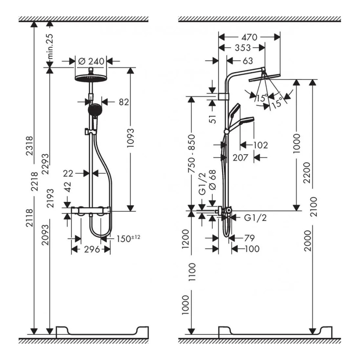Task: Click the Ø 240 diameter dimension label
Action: (91, 61)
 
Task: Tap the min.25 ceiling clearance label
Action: (50, 46)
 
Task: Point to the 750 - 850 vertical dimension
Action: (192, 153)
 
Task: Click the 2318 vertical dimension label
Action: (30, 145)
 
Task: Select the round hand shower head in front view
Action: (93, 110)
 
